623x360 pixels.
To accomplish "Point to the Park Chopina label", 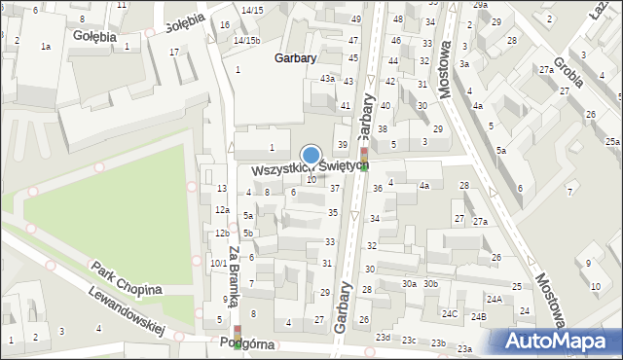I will point(124,281).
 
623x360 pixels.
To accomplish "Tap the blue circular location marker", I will point(311,155).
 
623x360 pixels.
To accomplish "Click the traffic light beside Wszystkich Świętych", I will point(364,156).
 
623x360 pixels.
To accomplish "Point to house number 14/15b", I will point(246,41).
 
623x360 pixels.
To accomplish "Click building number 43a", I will point(328,78).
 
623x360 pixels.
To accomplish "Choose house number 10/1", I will point(218,263).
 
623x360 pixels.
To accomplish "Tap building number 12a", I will point(223,210).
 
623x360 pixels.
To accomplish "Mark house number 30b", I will point(430,284).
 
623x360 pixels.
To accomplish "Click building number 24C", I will point(450,313).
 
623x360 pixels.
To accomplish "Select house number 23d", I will point(385,337).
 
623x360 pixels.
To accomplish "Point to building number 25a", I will point(611,141).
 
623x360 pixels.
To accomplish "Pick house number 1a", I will point(45,47).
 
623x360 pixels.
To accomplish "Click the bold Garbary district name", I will point(295,58).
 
